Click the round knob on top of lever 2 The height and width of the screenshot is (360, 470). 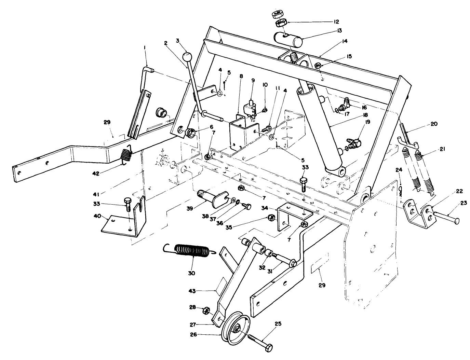pyautogui.click(x=187, y=56)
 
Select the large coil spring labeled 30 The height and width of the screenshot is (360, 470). pyautogui.click(x=191, y=251)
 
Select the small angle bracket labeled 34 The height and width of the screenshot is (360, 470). pyautogui.click(x=294, y=215)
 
